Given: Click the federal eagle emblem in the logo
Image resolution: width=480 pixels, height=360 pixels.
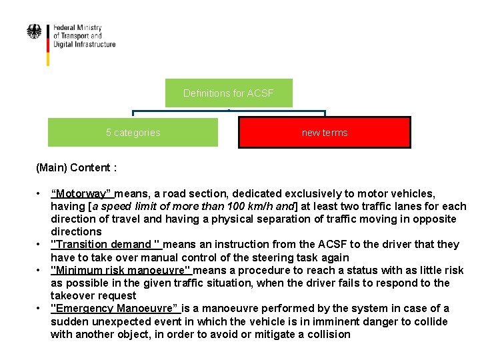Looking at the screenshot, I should point(34,31).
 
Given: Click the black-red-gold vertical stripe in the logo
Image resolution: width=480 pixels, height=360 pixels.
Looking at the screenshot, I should point(48,44).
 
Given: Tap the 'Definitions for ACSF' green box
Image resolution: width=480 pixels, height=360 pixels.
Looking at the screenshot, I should point(229,93).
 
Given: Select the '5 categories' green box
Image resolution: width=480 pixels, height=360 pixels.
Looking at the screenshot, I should point(133,133).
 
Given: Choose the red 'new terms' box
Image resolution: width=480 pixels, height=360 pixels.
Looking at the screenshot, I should point(325,133).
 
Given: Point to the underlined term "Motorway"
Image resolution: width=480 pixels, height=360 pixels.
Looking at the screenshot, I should point(83,194).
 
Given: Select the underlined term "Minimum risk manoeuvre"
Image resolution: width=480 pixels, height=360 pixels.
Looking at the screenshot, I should point(121,270).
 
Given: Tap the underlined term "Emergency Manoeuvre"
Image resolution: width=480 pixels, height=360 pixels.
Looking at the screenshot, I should point(115,309).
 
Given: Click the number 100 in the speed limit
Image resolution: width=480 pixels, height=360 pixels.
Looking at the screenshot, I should point(236,207).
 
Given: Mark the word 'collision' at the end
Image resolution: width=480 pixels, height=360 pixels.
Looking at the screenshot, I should point(329,334).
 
